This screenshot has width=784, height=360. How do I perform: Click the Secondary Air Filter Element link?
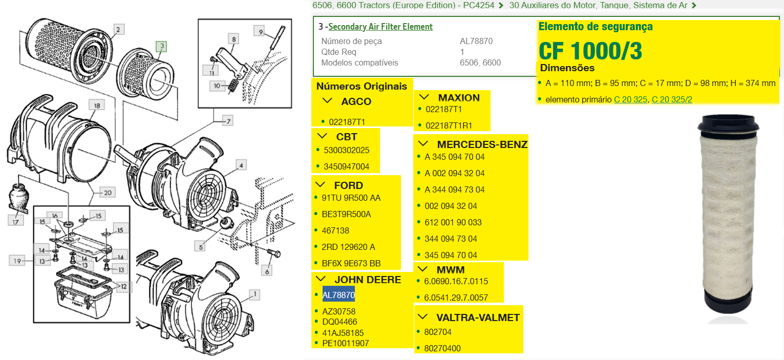coord(380,27)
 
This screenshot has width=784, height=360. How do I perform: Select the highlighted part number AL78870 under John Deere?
coord(338,295)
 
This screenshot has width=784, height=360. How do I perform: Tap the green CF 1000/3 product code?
coord(590,51)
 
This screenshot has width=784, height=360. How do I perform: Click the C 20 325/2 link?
coord(672,99)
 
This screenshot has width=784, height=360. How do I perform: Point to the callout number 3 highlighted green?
coord(162,46)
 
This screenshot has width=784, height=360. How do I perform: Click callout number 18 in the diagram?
coord(97,105)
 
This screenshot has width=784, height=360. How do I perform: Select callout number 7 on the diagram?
coord(228,121)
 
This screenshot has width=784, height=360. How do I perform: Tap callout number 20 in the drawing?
coord(108,193)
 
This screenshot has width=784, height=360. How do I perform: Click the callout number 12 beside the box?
coord(123,286)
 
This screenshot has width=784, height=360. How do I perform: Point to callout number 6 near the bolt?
coord(267,271)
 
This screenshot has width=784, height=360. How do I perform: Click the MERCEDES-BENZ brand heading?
coord(482,144)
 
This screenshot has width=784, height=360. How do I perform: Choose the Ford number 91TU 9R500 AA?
coord(351,198)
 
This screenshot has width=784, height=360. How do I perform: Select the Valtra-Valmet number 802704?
coord(437,332)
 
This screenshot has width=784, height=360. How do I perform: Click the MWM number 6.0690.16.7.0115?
coord(456,281)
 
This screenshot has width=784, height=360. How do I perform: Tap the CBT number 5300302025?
coord(346,150)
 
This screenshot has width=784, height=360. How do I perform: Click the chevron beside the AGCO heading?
coord(327,101)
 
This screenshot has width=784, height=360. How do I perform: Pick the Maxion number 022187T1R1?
coord(449,125)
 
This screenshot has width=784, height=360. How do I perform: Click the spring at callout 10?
coord(233,85)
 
